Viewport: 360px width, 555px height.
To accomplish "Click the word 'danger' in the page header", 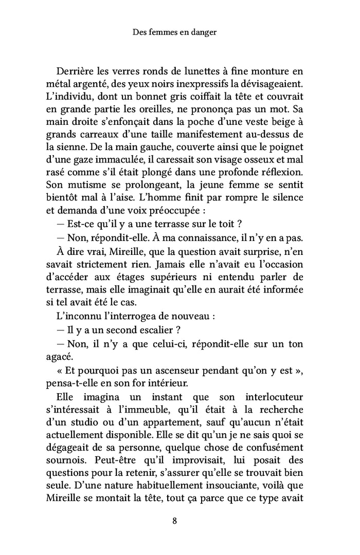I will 202,32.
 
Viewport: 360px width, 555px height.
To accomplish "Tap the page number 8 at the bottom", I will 175,521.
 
